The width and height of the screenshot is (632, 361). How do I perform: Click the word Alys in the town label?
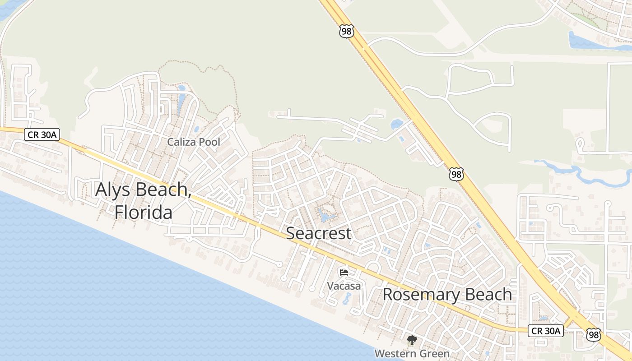tap(113, 189)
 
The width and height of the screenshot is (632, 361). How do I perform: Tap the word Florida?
tap(143, 212)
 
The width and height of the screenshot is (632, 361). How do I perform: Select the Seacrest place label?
tap(318, 233)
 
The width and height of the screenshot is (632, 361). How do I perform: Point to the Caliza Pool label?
tap(194, 142)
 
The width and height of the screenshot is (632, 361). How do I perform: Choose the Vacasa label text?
tap(344, 286)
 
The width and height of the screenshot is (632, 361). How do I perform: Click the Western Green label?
tap(412, 354)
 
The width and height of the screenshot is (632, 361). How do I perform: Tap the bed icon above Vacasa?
tap(344, 273)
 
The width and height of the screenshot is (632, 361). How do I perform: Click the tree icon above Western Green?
tap(412, 341)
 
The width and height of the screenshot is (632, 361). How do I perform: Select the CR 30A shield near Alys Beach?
tap(42, 134)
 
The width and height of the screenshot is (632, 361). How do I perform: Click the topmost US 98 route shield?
tap(346, 32)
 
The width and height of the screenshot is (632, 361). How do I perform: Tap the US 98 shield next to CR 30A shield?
tap(593, 334)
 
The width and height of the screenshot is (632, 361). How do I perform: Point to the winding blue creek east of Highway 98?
tap(582, 174)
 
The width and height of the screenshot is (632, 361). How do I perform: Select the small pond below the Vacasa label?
tap(347, 298)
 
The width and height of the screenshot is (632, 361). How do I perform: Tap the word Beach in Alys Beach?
tap(163, 189)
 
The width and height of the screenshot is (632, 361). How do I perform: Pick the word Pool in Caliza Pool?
tap(210, 142)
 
